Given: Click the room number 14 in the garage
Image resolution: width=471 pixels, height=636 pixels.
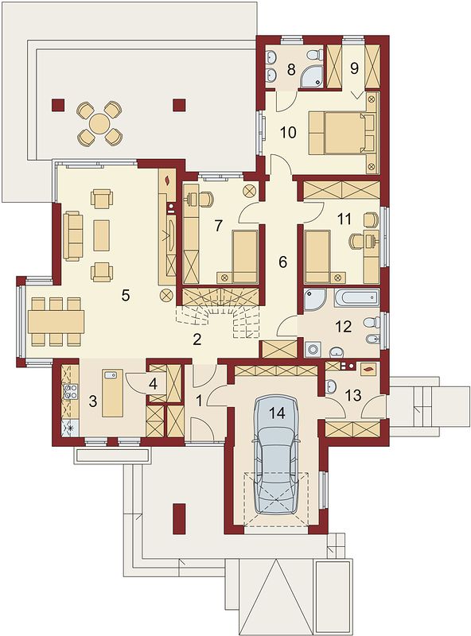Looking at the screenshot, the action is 277,413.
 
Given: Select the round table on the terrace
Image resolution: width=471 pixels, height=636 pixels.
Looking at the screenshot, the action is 99,124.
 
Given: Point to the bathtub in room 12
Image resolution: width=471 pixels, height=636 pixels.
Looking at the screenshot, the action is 357,298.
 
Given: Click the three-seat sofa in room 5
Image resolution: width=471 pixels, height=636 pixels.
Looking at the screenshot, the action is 73,235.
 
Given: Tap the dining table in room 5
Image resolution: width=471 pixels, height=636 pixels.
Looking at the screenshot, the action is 56,322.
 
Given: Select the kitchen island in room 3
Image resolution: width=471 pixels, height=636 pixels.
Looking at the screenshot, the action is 112,393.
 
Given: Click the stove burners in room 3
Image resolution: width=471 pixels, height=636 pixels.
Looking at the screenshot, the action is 70,392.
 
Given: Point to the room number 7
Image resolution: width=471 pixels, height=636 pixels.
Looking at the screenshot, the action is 219,226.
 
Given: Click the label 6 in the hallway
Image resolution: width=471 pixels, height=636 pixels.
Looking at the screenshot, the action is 282,262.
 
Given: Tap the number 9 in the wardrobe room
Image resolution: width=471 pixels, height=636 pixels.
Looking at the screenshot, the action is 354,68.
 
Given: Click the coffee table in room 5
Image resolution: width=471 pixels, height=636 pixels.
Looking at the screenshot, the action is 102,235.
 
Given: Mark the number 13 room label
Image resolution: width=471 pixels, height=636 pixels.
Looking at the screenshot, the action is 353,395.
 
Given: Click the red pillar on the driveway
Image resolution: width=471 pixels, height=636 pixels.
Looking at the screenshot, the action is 179,519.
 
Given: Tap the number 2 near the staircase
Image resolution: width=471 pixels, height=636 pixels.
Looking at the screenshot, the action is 197,340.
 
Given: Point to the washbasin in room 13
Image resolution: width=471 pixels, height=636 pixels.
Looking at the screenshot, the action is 330,386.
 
